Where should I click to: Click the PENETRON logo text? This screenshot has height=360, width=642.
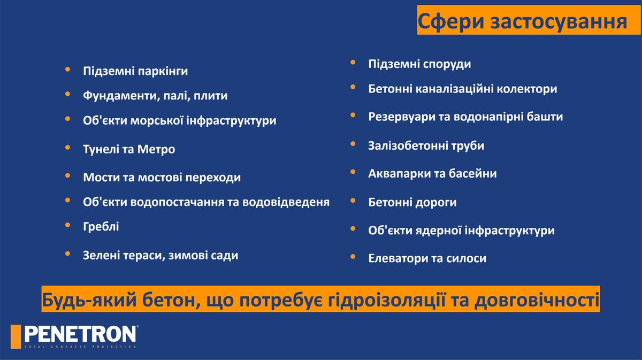[x=80, y=334]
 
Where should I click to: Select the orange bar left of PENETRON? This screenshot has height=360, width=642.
[x=16, y=336]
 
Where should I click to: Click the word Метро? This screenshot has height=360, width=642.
[x=156, y=149]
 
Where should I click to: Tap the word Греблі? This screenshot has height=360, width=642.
[x=101, y=227]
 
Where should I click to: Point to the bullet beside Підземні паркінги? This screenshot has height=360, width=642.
[x=67, y=70]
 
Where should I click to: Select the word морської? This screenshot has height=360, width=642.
[x=157, y=120]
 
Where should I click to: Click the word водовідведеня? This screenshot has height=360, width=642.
[x=286, y=202]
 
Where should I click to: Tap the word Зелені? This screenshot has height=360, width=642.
[x=101, y=255]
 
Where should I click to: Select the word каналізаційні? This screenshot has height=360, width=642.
[x=455, y=89]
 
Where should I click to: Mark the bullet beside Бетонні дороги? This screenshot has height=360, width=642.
[x=353, y=201]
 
